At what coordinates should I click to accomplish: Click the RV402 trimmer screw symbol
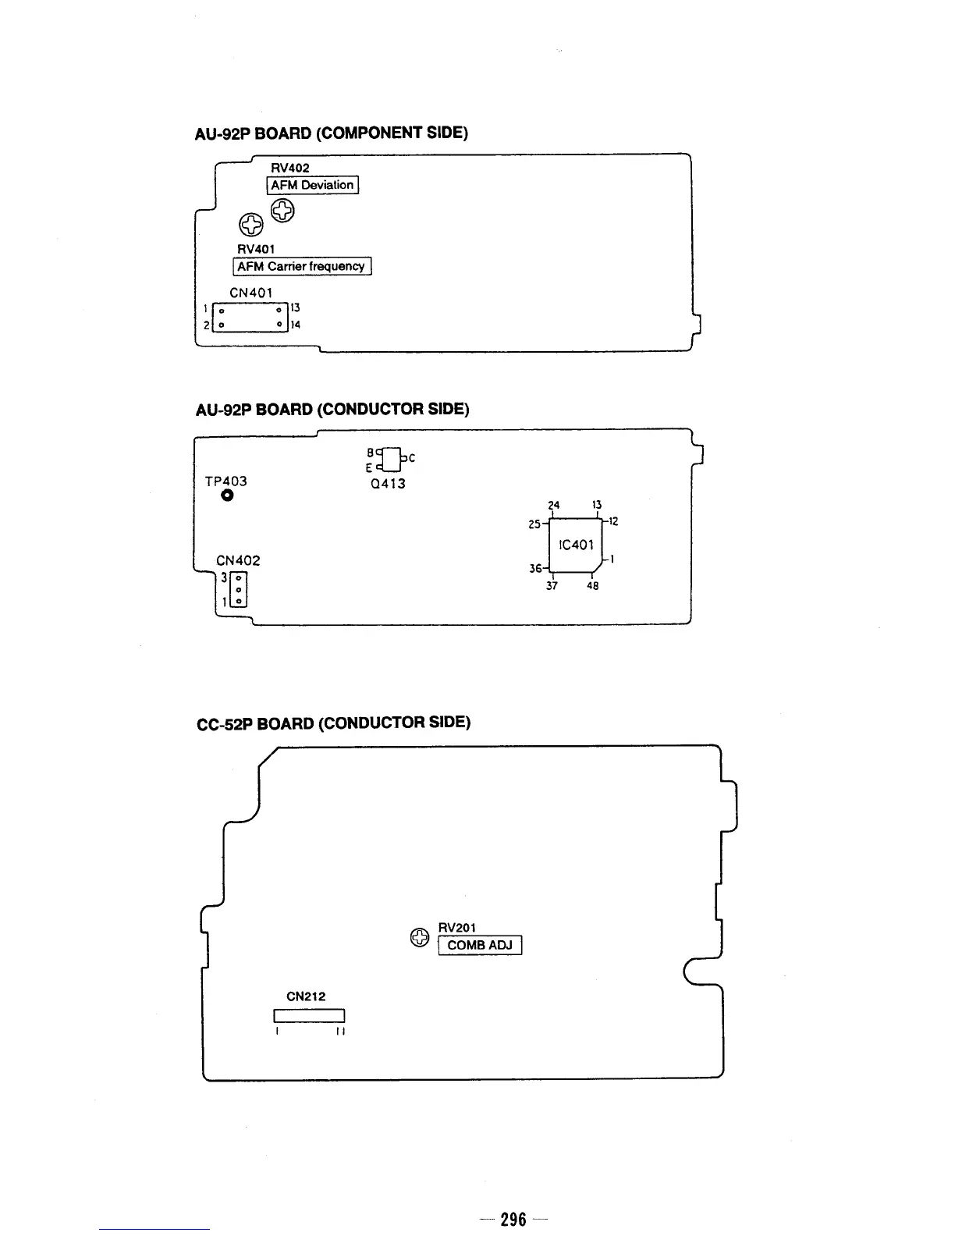tap(283, 210)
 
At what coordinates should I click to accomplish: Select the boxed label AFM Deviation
tap(312, 185)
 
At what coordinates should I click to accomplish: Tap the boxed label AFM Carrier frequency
tap(302, 266)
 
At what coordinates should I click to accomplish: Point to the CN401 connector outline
tap(250, 317)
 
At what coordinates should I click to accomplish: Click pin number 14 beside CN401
tap(296, 325)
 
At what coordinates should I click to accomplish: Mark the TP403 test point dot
tap(227, 495)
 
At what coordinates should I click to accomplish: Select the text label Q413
tap(388, 484)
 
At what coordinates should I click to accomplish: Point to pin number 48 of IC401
tap(592, 586)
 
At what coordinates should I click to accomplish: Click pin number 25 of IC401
tap(534, 524)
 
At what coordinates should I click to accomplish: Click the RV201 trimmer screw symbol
tap(420, 937)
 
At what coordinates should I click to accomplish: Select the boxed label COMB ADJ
tap(479, 945)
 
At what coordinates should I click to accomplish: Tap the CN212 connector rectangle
tap(309, 1015)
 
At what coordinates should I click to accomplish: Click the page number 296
tap(513, 1219)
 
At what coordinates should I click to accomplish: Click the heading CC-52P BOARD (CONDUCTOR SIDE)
tap(333, 723)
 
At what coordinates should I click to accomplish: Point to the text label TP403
tap(225, 481)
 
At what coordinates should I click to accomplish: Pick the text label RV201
tap(456, 927)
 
